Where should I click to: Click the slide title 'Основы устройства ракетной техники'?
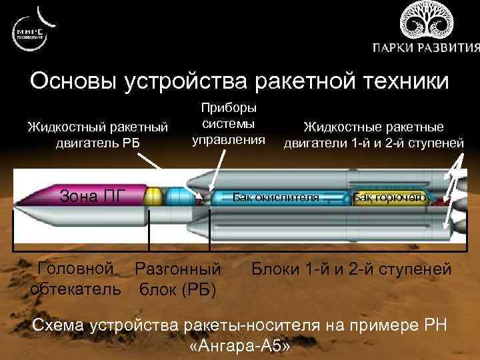[239, 81]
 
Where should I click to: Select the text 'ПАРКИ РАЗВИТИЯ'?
[425, 49]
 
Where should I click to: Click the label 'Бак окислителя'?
[276, 197]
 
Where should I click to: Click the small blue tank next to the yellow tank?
[176, 197]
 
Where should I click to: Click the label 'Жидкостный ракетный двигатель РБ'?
[97, 133]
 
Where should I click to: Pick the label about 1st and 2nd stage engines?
[373, 134]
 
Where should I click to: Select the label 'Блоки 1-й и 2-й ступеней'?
[351, 270]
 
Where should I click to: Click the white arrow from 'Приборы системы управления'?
[217, 167]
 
